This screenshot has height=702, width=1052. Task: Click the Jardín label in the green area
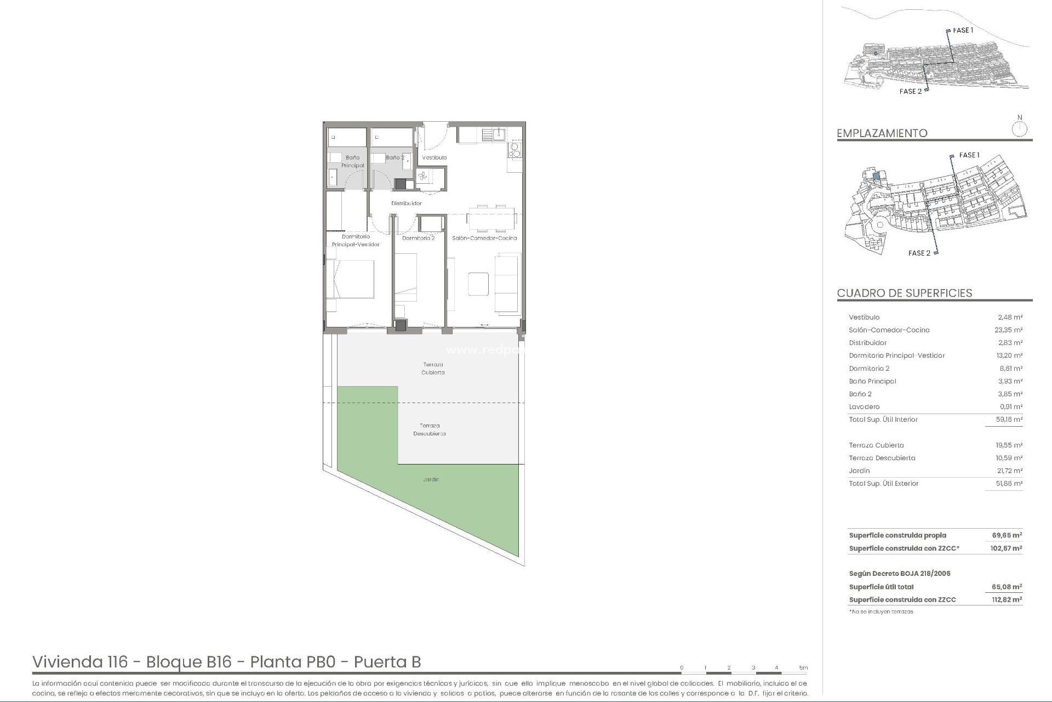431,479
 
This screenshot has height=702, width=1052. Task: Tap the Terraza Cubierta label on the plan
433,368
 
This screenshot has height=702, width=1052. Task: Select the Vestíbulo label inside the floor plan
434,157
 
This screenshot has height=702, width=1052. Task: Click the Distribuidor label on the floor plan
407,203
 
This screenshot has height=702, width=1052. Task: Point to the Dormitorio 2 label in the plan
418,238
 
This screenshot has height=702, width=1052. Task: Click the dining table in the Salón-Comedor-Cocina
491,218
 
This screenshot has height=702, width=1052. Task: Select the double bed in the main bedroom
351,279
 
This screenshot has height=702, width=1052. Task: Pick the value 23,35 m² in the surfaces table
1009,330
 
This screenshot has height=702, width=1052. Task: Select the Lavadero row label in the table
864,407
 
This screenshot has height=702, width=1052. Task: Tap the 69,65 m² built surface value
1007,535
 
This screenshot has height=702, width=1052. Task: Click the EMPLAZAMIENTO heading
882,133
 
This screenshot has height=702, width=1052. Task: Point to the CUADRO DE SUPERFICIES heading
904,293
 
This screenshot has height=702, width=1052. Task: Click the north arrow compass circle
1020,129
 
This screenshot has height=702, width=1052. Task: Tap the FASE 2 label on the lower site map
919,253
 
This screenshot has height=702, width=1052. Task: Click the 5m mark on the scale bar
803,668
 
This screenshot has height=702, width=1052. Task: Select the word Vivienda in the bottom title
79,662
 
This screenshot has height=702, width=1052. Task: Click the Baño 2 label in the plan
395,157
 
